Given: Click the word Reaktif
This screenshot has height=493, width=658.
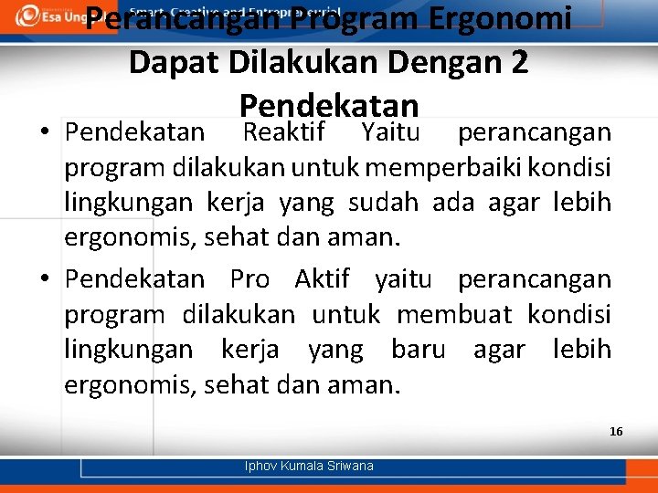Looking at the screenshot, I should coord(283,133).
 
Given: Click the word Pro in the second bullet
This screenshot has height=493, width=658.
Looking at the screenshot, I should coord(249,279).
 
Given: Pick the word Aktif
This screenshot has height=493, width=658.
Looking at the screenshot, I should coord(322,279).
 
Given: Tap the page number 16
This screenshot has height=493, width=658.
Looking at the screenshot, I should coord(616,431).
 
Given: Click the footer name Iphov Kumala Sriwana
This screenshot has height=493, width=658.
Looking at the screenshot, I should coord(309,466).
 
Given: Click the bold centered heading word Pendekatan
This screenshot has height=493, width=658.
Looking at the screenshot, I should coord(328,103).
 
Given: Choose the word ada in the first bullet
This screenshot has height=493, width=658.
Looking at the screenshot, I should coord(453,203).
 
